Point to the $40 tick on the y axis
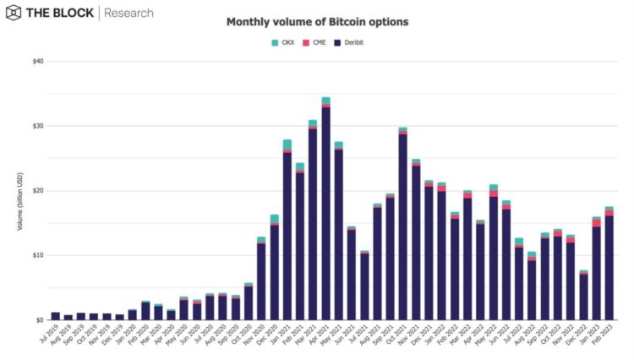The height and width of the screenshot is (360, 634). [39, 62]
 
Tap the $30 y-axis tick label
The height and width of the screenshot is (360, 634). [39, 126]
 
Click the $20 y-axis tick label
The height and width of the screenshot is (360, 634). [39, 191]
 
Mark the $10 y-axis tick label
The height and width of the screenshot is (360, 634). [39, 255]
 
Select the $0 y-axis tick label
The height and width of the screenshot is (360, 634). [41, 320]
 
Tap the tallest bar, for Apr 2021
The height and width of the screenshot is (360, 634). [326, 211]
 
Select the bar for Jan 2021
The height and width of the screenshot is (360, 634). [287, 232]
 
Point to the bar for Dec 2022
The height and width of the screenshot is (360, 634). [583, 296]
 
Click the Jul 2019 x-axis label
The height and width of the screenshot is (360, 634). [52, 336]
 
